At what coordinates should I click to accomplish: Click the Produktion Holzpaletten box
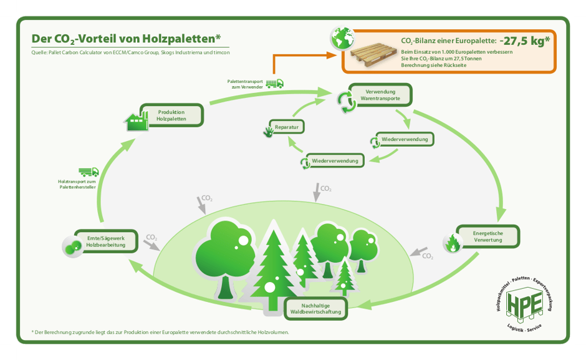[x=171, y=115]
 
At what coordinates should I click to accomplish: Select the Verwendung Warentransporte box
[x=380, y=95]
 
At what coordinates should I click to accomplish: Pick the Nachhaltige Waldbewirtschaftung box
[x=315, y=308]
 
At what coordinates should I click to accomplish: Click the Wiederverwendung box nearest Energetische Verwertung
[x=405, y=139]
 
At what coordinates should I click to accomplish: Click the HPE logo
[x=522, y=305]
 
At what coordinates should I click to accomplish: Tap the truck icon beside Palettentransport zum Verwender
[x=274, y=83]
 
